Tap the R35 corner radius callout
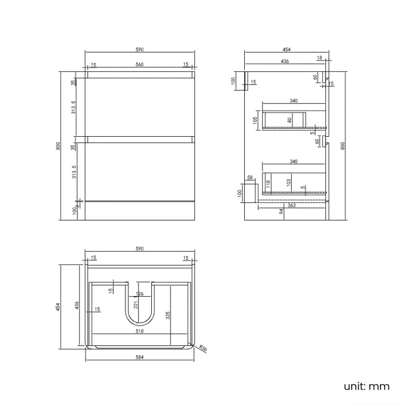pos(203,349)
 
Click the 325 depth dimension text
pos(167,315)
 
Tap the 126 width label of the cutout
pos(139,294)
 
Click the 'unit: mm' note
pos(367,386)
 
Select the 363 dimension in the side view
pos(291,205)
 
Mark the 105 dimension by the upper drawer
pos(255,120)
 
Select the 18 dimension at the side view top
pos(319,57)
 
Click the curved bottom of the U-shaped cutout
pos(139,323)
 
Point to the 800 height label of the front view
pos(58,146)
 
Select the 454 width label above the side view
pos(286,49)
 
